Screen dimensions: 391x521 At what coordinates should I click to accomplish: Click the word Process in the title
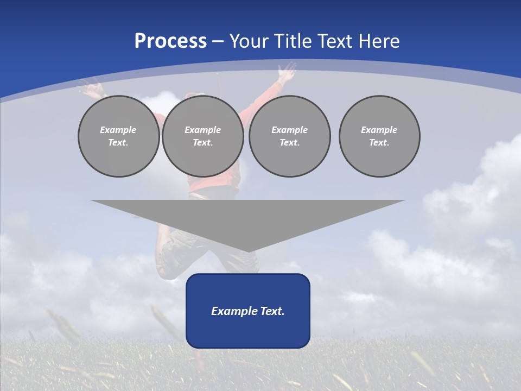pyautogui.click(x=170, y=41)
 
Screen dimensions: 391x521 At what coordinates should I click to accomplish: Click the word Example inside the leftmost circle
pyautogui.click(x=118, y=130)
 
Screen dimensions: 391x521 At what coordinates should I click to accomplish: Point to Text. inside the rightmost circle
pyautogui.click(x=379, y=143)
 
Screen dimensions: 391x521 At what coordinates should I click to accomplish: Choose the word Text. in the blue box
pyautogui.click(x=272, y=311)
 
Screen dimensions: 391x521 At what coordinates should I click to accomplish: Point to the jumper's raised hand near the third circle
pyautogui.click(x=287, y=72)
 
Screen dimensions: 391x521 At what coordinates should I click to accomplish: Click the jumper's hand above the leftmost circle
pyautogui.click(x=90, y=87)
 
